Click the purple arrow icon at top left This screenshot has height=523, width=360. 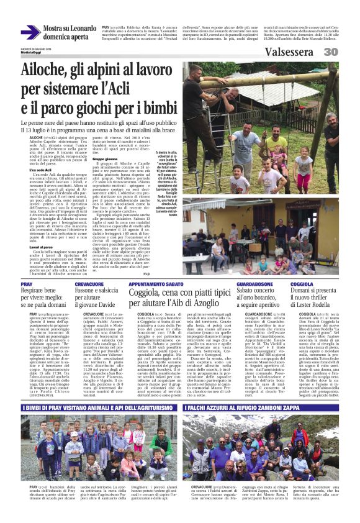[30, 32]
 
